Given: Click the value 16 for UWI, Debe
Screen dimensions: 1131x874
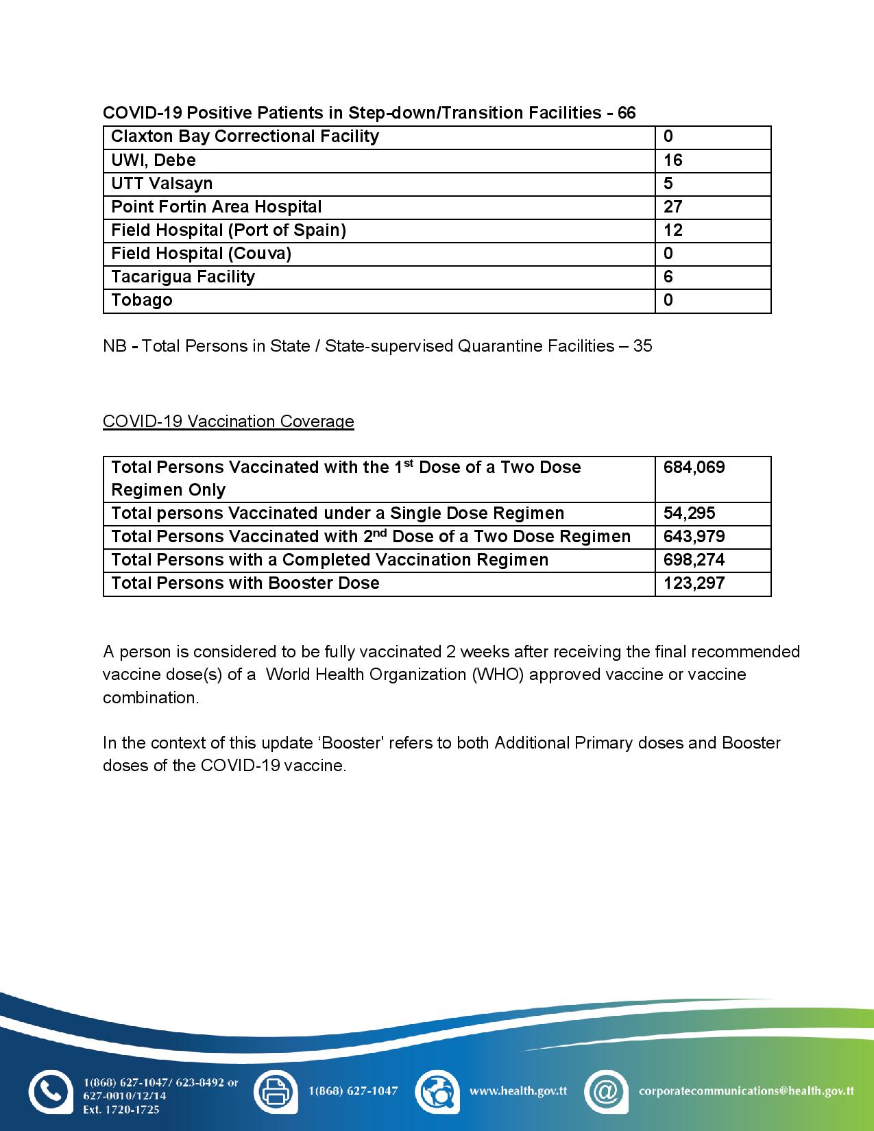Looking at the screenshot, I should (672, 160).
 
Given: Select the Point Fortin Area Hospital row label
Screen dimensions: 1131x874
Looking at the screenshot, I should (216, 207).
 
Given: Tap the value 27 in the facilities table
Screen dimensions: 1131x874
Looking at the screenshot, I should (672, 207).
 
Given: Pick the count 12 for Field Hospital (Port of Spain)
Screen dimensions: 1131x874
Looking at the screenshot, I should (672, 230).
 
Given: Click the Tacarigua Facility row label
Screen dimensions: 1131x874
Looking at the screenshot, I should (183, 277).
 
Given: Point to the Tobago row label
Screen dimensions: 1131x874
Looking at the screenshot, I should (142, 300).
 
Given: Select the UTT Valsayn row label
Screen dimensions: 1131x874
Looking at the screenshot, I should (162, 184).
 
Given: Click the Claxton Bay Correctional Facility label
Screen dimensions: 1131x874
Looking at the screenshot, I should (245, 136).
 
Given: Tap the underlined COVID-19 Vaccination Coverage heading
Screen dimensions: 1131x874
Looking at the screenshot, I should (228, 422).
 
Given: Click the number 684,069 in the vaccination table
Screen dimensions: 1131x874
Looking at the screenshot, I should (694, 467).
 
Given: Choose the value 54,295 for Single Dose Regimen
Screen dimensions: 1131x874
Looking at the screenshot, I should (689, 513).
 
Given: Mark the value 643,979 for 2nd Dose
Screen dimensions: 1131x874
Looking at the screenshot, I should (694, 537).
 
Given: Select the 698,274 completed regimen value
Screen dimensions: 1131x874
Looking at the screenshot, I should (694, 560).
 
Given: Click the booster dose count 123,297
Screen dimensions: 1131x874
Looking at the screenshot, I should (694, 583).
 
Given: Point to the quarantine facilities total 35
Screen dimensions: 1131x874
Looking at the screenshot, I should (642, 346).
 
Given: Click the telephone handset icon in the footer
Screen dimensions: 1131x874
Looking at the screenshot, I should (49, 1091).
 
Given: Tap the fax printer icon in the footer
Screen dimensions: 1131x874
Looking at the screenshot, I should (276, 1091).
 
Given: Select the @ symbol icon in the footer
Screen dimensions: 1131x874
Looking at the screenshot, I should (606, 1091).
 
